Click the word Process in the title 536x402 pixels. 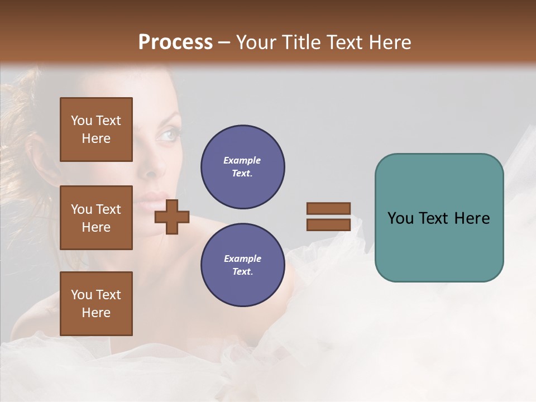click(175, 42)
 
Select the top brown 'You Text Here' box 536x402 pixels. click(96, 130)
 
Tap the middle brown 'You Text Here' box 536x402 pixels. click(96, 218)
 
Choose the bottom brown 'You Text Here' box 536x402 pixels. click(96, 304)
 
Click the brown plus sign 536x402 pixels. click(172, 216)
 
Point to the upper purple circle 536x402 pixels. click(242, 167)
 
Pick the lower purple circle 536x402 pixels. click(242, 265)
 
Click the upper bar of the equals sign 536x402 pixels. click(329, 208)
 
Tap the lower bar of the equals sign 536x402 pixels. click(329, 224)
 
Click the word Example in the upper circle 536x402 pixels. click(242, 160)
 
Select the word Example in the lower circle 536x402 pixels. click(242, 259)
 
